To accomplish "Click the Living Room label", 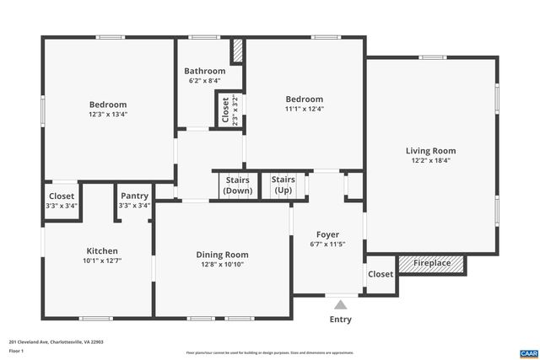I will pyautogui.click(x=433, y=151).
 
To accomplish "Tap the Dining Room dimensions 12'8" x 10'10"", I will pyautogui.click(x=222, y=265).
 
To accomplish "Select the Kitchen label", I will pyautogui.click(x=102, y=250).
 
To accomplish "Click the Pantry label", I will pyautogui.click(x=134, y=196).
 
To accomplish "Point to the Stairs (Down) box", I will pyautogui.click(x=237, y=185).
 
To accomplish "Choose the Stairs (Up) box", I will pyautogui.click(x=283, y=185).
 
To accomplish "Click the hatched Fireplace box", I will pyautogui.click(x=431, y=264).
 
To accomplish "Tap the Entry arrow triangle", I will pyautogui.click(x=340, y=305).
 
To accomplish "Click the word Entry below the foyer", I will pyautogui.click(x=340, y=320).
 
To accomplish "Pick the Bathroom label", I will pyautogui.click(x=207, y=71).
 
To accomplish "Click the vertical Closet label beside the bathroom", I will pyautogui.click(x=225, y=110).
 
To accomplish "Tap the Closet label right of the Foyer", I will pyautogui.click(x=381, y=274).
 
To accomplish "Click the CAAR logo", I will pyautogui.click(x=527, y=352).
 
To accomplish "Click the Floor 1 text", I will pyautogui.click(x=16, y=352).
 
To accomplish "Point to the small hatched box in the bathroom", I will pyautogui.click(x=237, y=51).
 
